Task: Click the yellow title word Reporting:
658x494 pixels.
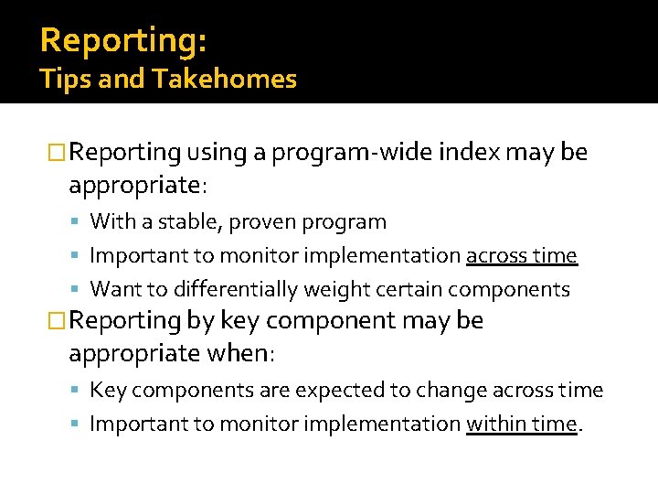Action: (123, 41)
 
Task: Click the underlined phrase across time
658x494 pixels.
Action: (521, 256)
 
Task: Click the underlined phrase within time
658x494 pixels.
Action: (522, 424)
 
